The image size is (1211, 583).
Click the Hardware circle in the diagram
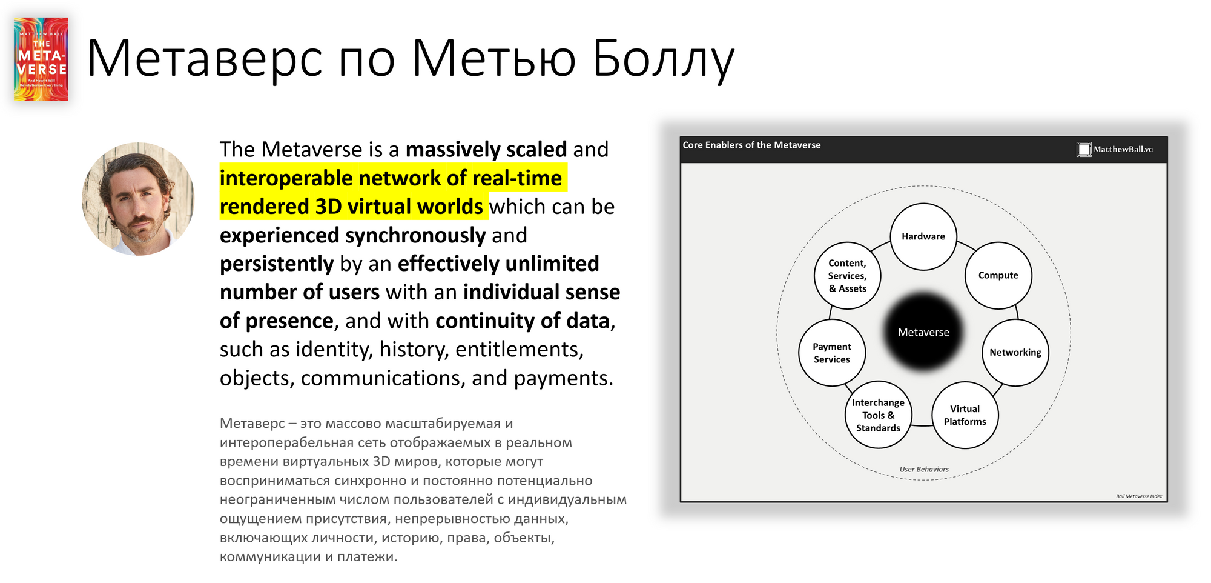(923, 236)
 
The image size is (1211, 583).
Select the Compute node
(998, 275)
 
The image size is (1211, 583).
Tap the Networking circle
(1015, 353)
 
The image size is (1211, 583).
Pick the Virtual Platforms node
(965, 415)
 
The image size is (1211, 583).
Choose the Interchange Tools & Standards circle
(879, 415)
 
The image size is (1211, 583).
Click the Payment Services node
(832, 353)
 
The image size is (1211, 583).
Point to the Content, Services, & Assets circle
(848, 276)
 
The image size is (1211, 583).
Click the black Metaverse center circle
(923, 332)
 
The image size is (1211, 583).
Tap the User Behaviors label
(924, 469)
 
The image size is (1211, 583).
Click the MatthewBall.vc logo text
(1123, 149)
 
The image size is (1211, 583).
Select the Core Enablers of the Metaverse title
(751, 145)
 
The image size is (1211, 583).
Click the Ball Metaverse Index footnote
(1139, 496)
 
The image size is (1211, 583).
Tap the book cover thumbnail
(41, 59)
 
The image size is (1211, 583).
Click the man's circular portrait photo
(138, 199)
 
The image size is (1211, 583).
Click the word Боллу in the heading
(664, 59)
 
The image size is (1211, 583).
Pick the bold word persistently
(277, 264)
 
